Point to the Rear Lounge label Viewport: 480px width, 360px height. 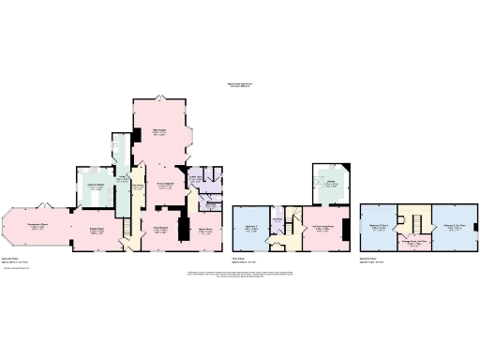coord(160,131)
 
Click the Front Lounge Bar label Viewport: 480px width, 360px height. coord(168,187)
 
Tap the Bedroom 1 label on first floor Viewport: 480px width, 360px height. coord(249,227)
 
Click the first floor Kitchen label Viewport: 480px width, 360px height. coord(331,183)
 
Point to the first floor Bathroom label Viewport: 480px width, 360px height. coord(277,220)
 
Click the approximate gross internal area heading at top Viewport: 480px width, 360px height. coord(240,85)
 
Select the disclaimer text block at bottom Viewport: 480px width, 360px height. coord(240,274)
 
